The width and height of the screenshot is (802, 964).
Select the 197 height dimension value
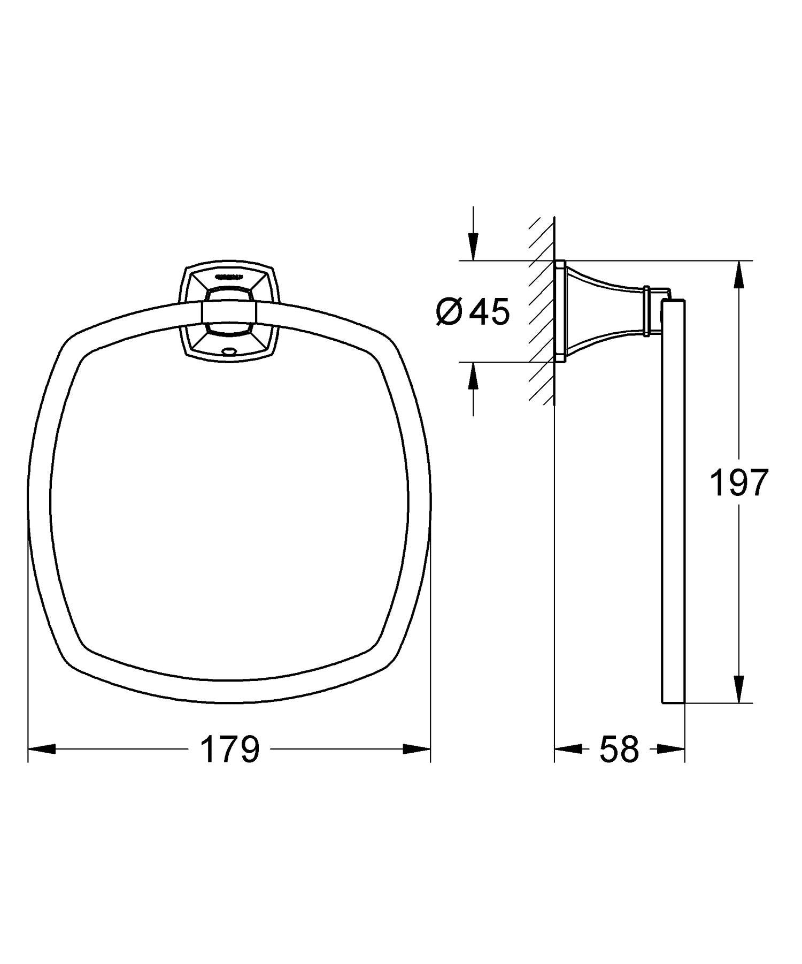(738, 483)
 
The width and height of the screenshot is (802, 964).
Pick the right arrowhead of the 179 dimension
(417, 749)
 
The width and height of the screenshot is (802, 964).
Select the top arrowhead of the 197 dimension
(738, 275)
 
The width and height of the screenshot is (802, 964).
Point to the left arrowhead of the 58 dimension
(568, 749)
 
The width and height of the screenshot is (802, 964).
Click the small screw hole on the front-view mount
(230, 351)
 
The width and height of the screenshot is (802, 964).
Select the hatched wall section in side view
(541, 310)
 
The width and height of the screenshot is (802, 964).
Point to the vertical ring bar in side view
(673, 503)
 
